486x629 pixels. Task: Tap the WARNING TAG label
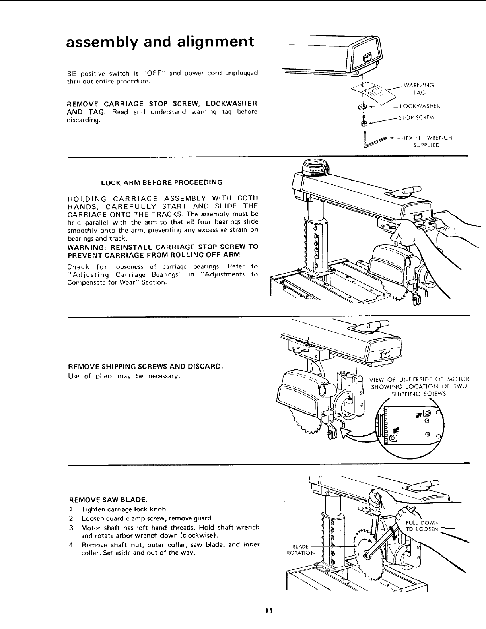click(418, 88)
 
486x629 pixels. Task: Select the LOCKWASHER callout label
click(419, 106)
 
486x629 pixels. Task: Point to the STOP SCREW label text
click(418, 118)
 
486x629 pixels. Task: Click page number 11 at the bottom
click(268, 611)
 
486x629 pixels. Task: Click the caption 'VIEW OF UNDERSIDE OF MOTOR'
click(419, 379)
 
